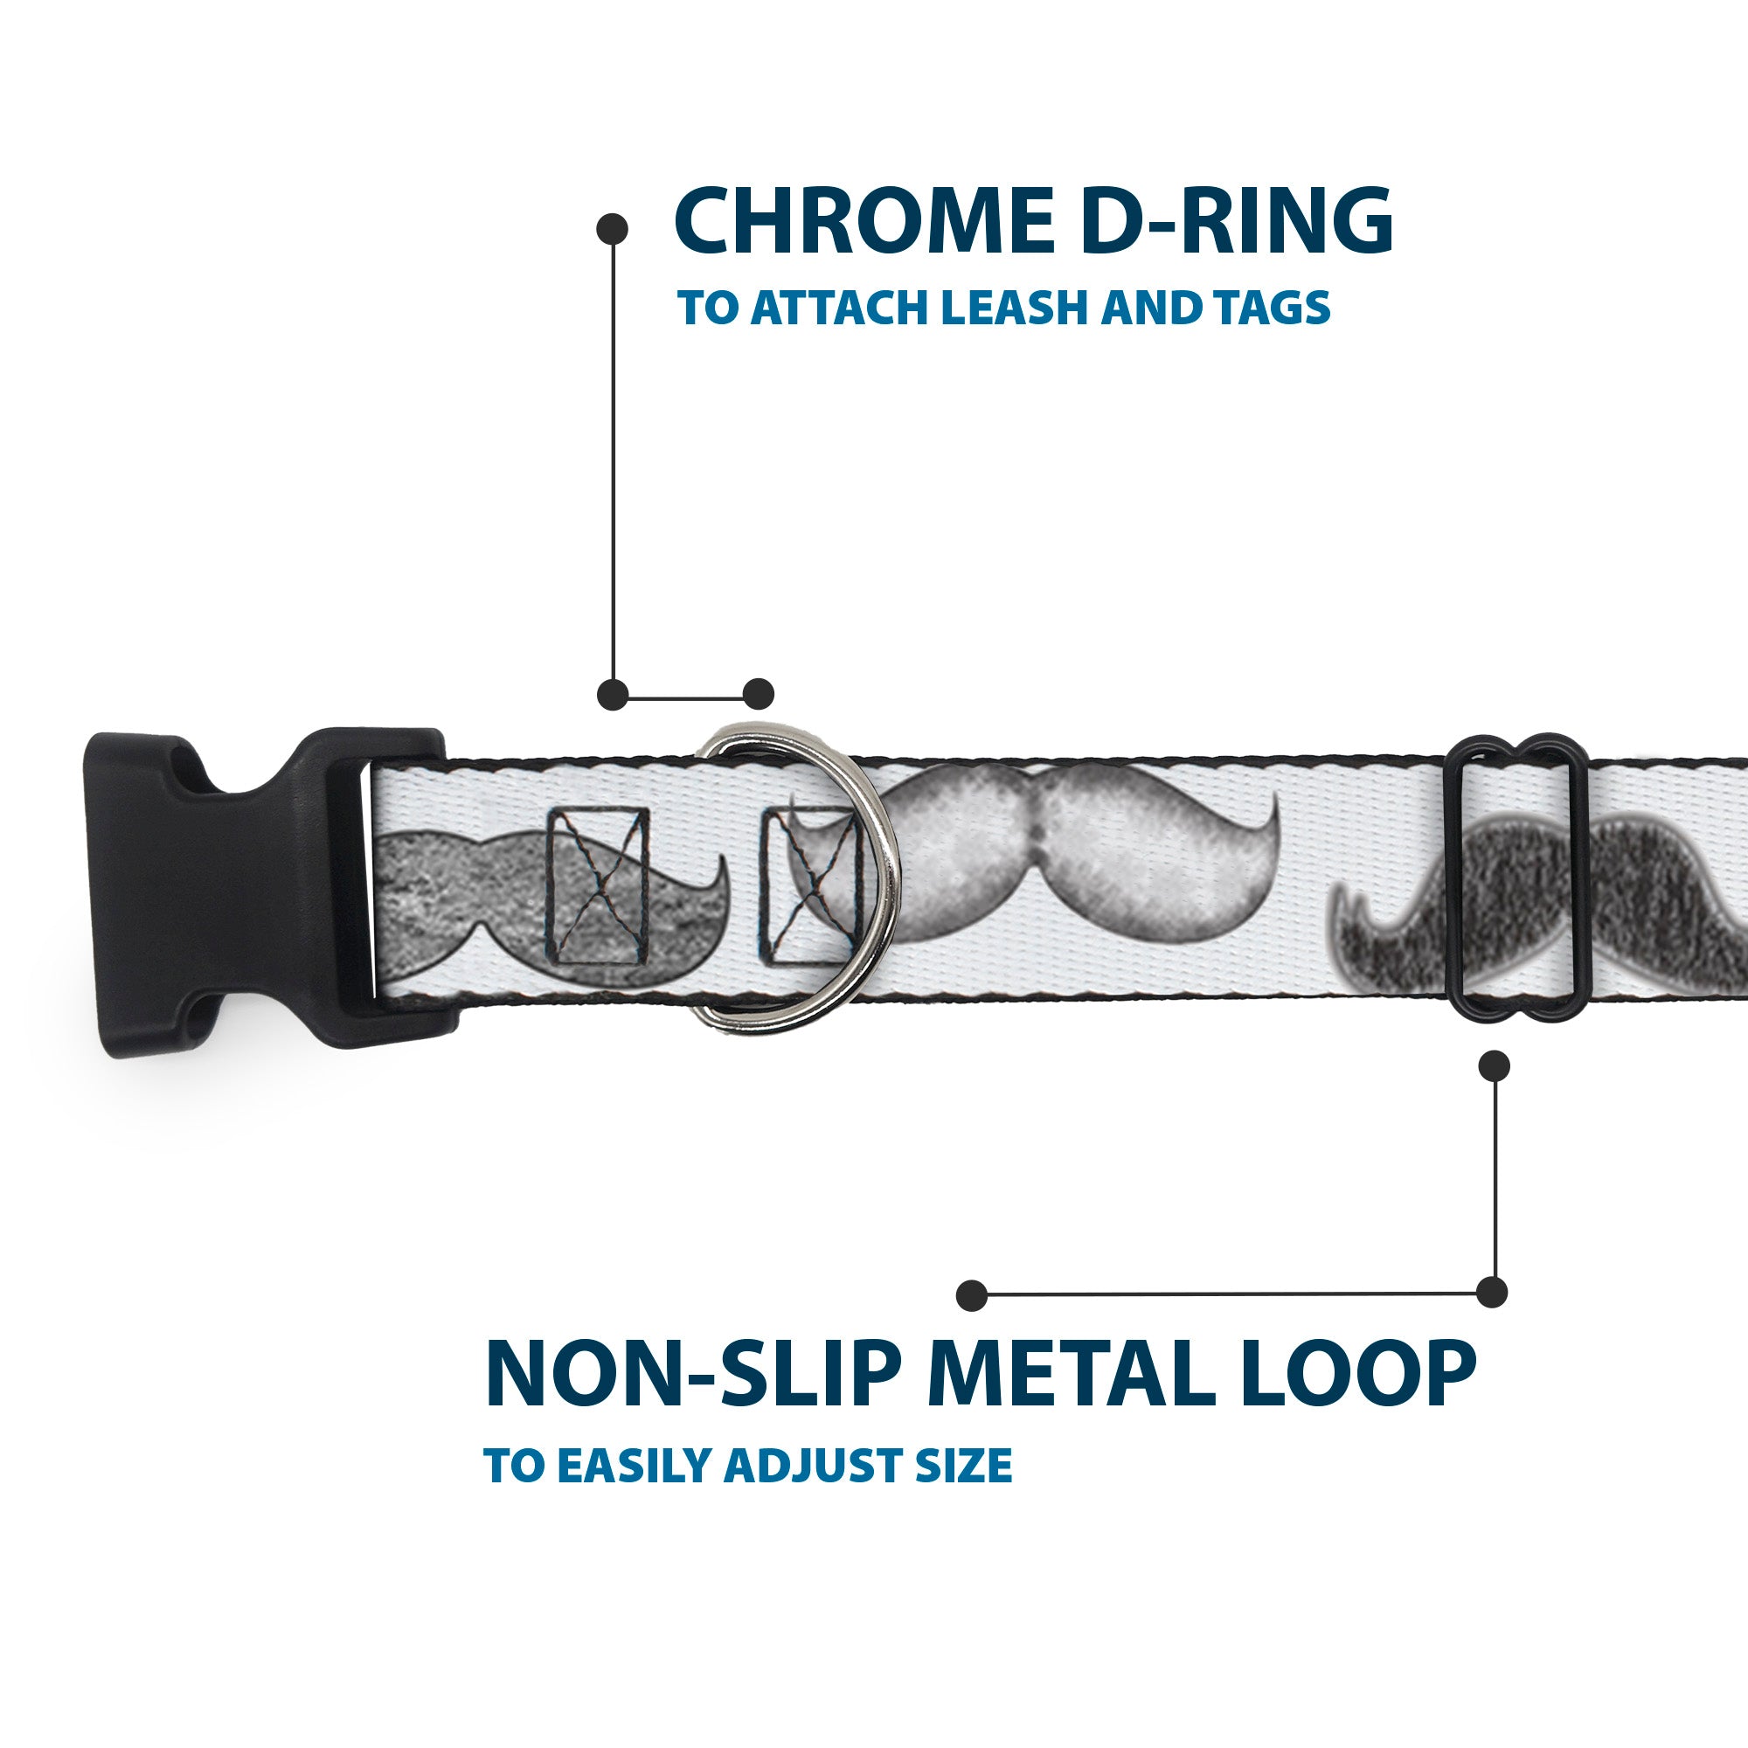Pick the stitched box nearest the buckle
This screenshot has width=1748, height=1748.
[598, 885]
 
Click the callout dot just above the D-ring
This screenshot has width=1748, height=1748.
[758, 694]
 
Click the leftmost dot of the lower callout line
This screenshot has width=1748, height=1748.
[972, 1294]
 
